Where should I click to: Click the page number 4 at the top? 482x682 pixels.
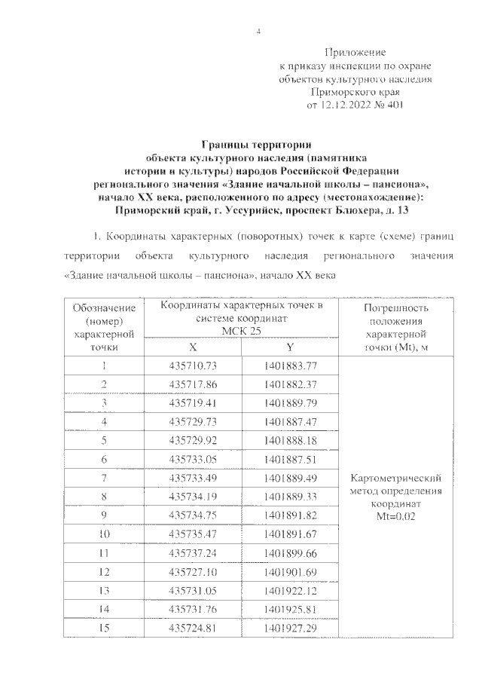258,31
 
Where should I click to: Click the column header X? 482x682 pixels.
193,347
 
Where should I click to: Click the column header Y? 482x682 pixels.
291,347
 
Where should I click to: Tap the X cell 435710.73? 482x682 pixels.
193,366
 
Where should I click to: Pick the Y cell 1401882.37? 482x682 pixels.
291,384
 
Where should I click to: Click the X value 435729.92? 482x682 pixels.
193,440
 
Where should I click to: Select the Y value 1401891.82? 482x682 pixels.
291,515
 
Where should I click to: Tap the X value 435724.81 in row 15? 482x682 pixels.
193,627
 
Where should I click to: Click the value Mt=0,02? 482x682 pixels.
395,517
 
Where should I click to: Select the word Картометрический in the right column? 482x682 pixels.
395,479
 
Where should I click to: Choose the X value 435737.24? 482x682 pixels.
193,552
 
